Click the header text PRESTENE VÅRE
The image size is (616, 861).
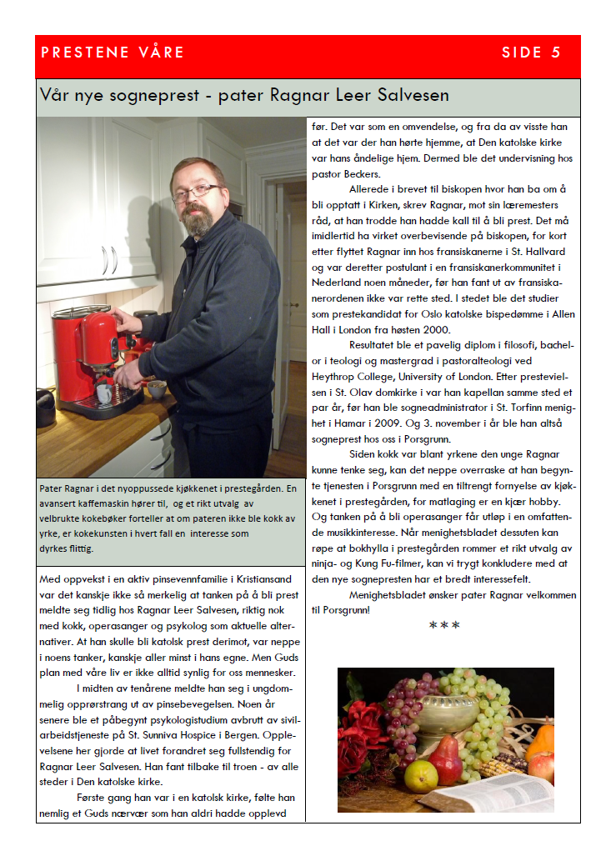[113, 53]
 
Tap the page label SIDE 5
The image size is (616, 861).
[531, 53]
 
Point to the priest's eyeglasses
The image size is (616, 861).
[193, 193]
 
